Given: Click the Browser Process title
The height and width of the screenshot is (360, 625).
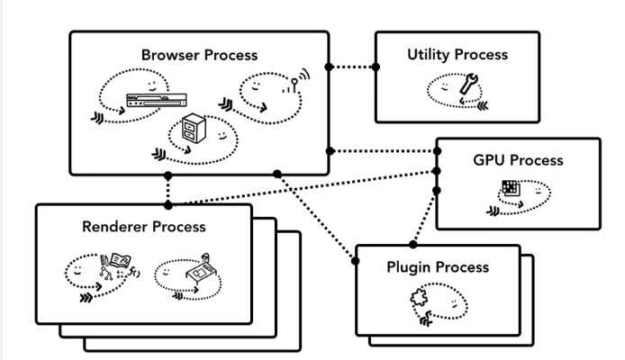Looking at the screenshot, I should (199, 55).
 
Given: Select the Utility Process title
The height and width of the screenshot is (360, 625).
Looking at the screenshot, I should (457, 55).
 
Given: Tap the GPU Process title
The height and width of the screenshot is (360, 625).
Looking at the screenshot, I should (518, 160).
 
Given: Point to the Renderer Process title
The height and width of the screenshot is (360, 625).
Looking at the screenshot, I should (143, 227).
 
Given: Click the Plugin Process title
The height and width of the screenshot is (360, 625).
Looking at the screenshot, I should (439, 267).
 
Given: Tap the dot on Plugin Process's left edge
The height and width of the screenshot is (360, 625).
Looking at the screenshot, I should (356, 261).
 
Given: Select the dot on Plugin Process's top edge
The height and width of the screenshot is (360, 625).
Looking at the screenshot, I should (413, 244).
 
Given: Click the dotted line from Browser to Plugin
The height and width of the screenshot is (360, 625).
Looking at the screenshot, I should (315, 216).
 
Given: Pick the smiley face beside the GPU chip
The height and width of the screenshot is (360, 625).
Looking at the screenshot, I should (537, 192).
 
